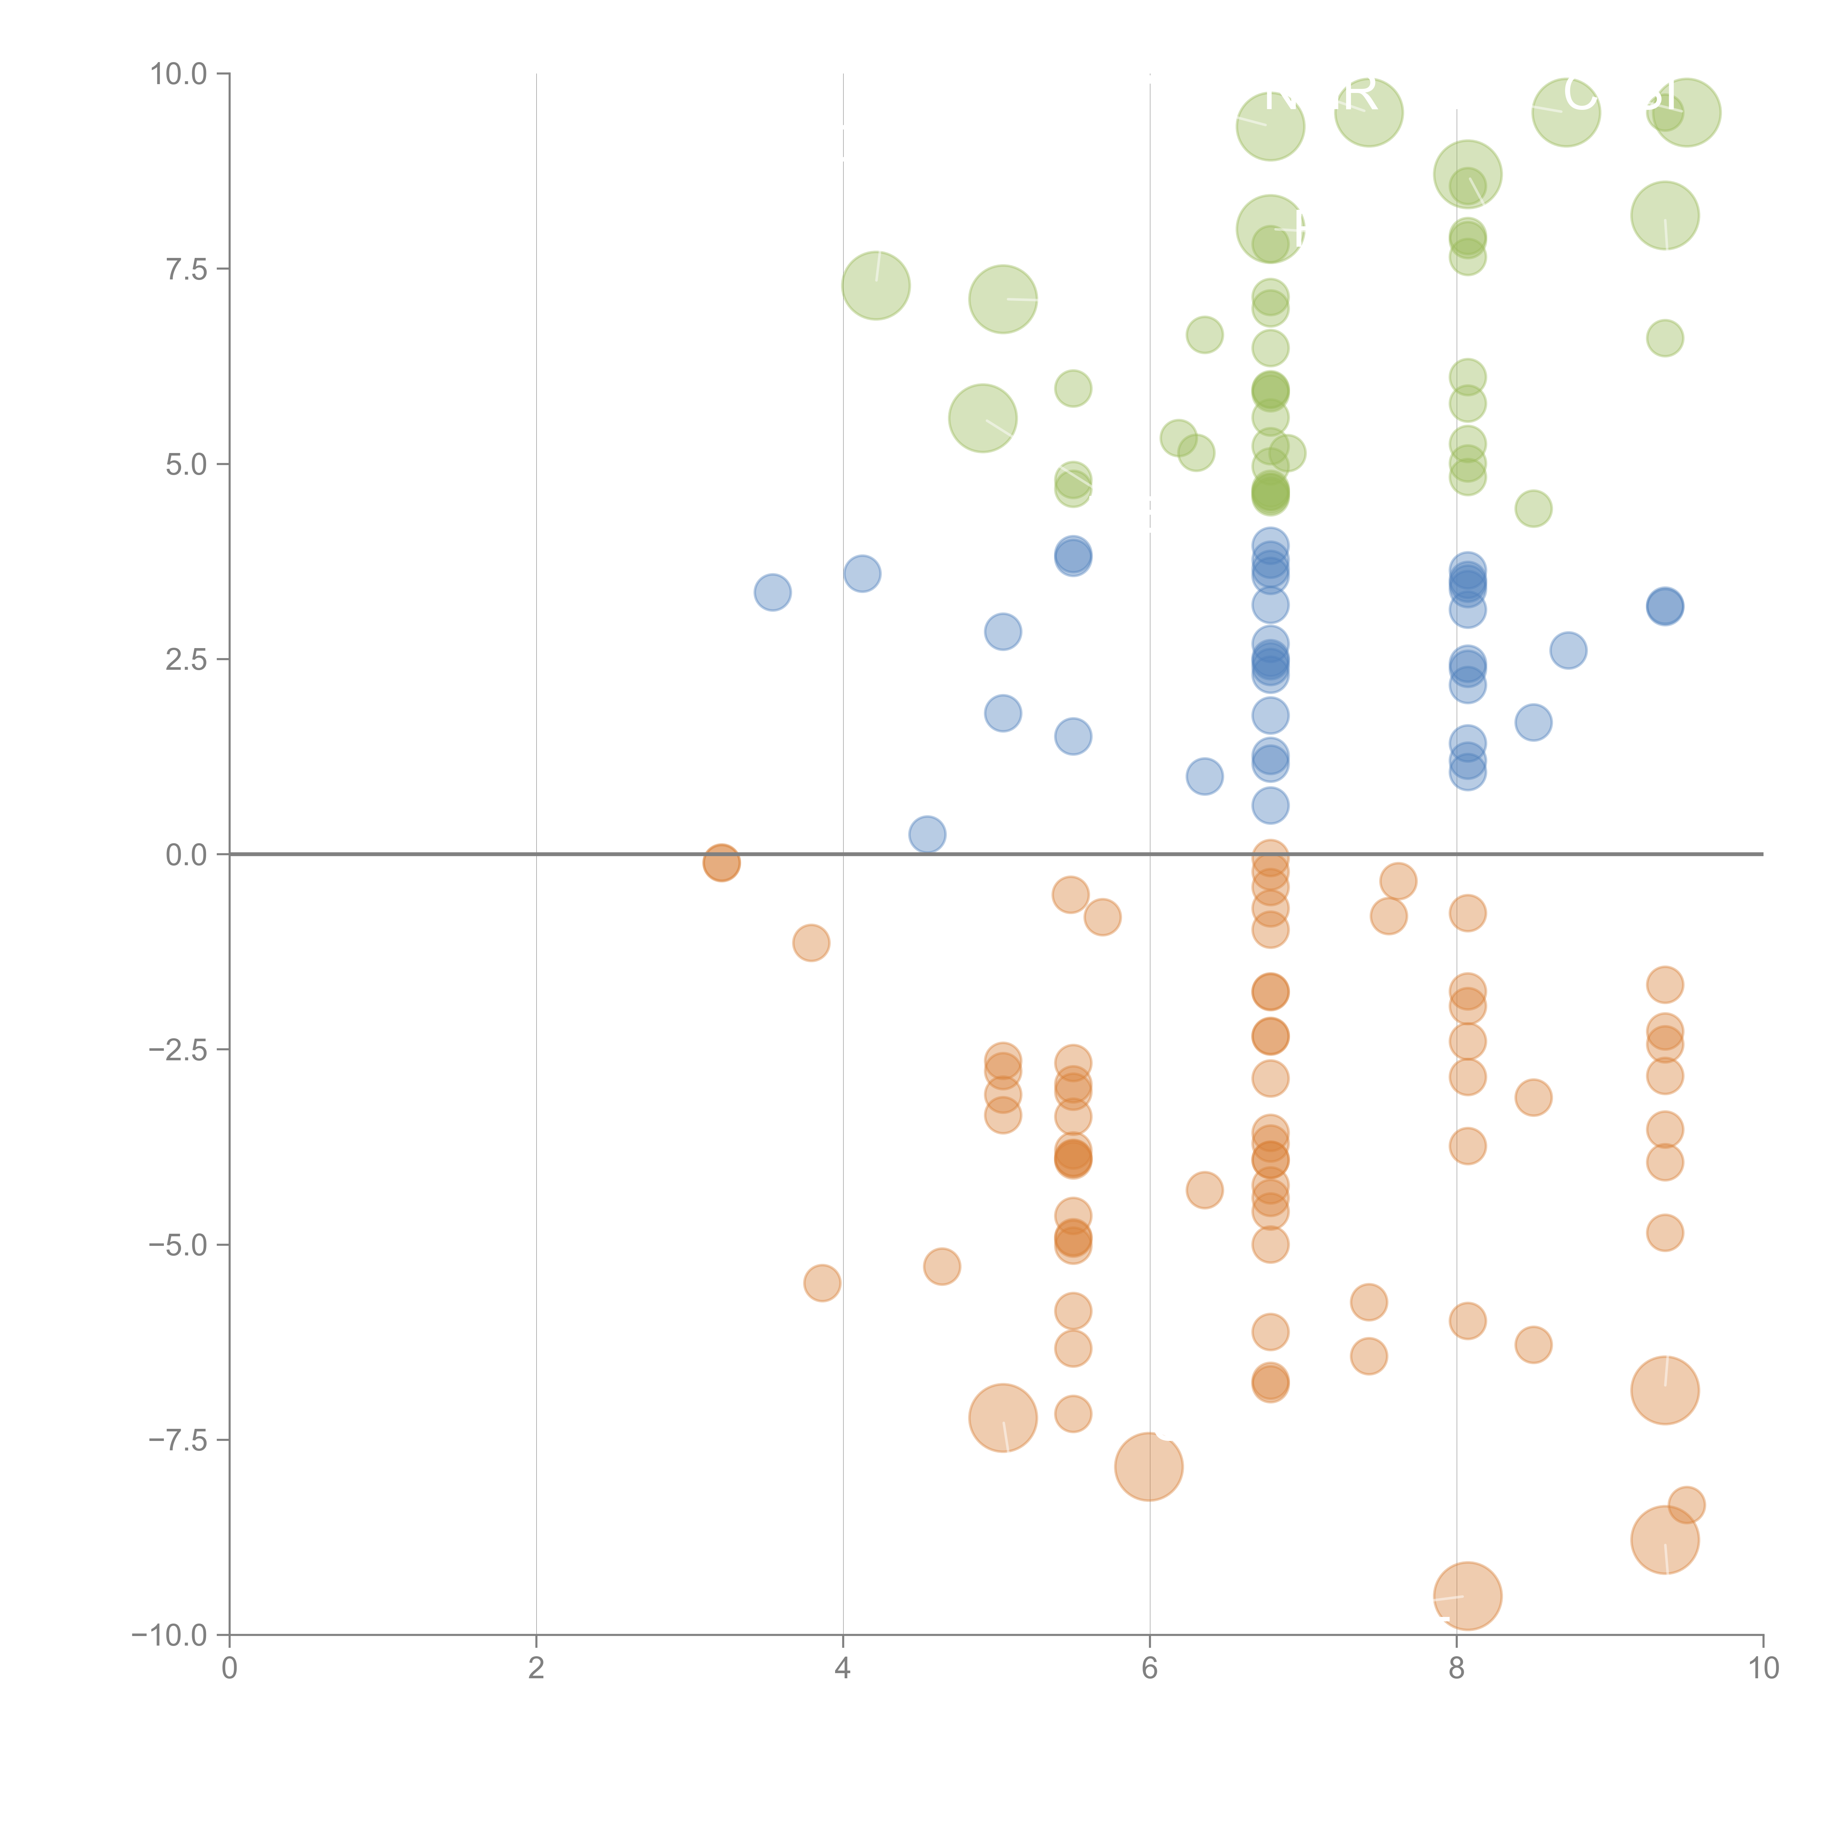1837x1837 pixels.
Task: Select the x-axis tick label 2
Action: (536, 1669)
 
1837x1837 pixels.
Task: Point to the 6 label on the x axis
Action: (1150, 1669)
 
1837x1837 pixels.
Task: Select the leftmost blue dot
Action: (772, 592)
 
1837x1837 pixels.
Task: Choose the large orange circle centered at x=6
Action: (1148, 1466)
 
